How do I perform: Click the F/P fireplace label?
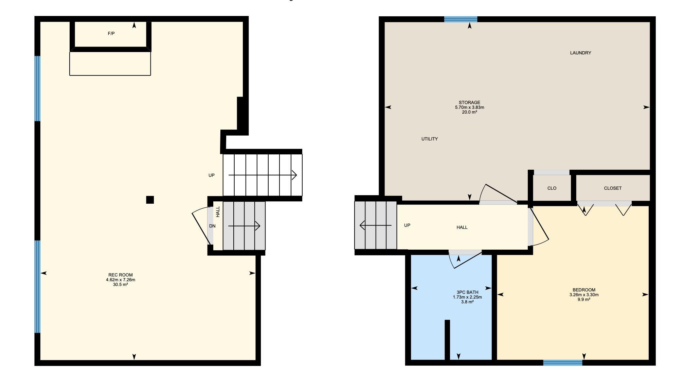point(111,34)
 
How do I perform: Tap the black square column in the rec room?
point(150,200)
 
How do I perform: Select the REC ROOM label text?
point(121,275)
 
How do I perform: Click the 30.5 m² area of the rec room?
point(121,285)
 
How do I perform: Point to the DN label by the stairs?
point(212,226)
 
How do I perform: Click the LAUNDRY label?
point(580,53)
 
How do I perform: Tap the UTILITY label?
point(430,139)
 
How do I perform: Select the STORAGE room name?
point(469,102)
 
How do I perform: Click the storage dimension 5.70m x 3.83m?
point(469,107)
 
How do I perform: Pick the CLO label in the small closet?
point(552,188)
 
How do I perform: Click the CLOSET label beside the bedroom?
point(613,188)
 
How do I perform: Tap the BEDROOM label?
point(584,290)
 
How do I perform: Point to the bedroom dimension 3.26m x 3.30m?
point(584,295)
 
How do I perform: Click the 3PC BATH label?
point(467,292)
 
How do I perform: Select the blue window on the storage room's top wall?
point(461,19)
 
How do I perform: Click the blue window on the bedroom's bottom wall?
point(563,363)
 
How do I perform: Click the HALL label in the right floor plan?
point(462,227)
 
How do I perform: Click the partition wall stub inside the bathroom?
point(447,340)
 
